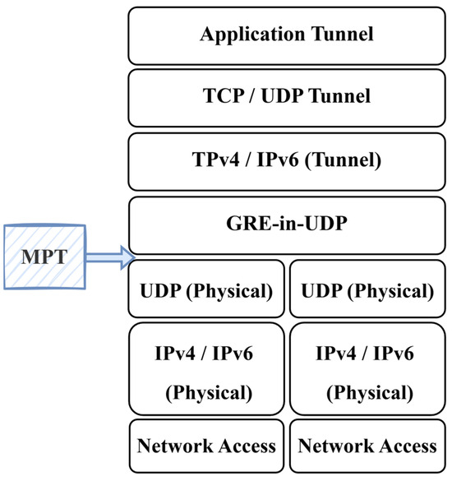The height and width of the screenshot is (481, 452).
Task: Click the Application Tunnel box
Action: pos(287,35)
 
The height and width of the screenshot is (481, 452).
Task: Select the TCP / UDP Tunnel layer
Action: pos(287,96)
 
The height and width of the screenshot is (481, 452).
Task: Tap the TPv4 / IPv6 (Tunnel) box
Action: pos(287,160)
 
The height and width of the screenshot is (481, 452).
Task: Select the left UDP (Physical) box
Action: pos(206,290)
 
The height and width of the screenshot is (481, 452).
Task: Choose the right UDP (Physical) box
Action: pos(367,290)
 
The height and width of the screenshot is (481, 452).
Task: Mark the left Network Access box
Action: pos(206,446)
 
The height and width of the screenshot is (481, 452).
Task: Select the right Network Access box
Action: pos(367,446)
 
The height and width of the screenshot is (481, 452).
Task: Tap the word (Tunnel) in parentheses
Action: pos(341,160)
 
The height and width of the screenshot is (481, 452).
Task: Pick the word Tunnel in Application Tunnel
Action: pos(340,35)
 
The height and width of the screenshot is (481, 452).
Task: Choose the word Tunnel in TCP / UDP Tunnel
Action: pos(339,97)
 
